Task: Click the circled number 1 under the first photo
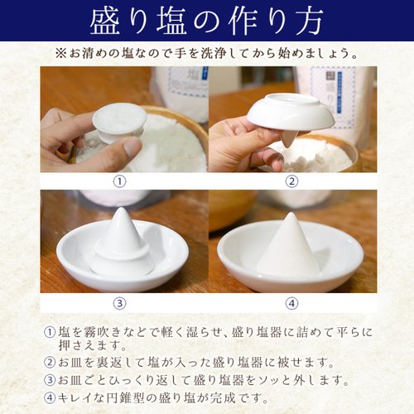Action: (x=121, y=181)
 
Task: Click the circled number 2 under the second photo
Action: (x=291, y=181)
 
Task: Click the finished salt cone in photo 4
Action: (x=288, y=248)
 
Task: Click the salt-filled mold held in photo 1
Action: (x=119, y=121)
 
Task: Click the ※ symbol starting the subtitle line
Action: (x=60, y=53)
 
